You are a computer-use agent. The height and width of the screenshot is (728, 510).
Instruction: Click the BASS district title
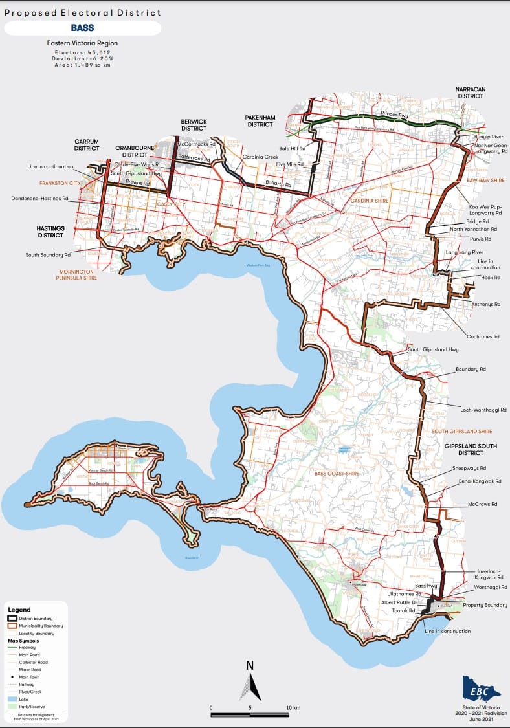click(82, 28)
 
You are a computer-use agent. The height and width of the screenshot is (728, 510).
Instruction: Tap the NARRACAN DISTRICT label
click(470, 92)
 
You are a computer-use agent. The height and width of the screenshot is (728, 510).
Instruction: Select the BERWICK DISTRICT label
click(194, 124)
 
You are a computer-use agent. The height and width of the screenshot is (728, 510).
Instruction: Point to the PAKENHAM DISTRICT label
click(260, 120)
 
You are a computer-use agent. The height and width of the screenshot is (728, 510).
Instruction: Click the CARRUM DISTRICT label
click(86, 144)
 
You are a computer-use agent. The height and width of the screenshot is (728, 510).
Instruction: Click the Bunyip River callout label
click(488, 137)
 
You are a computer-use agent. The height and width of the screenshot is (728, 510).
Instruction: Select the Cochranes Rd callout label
click(483, 336)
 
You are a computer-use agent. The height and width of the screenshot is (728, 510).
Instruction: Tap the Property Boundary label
click(485, 605)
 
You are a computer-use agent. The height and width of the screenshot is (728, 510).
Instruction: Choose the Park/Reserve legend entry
click(32, 707)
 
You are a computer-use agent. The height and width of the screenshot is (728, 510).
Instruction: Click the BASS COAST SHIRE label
click(337, 474)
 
